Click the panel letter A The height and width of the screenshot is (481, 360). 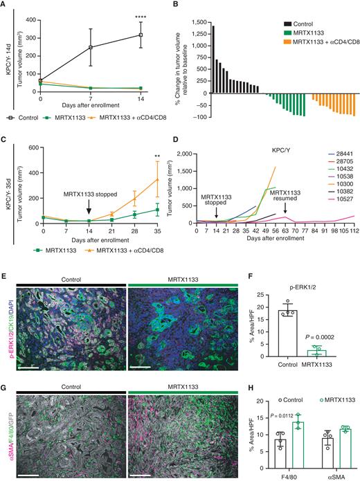point(4,5)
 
